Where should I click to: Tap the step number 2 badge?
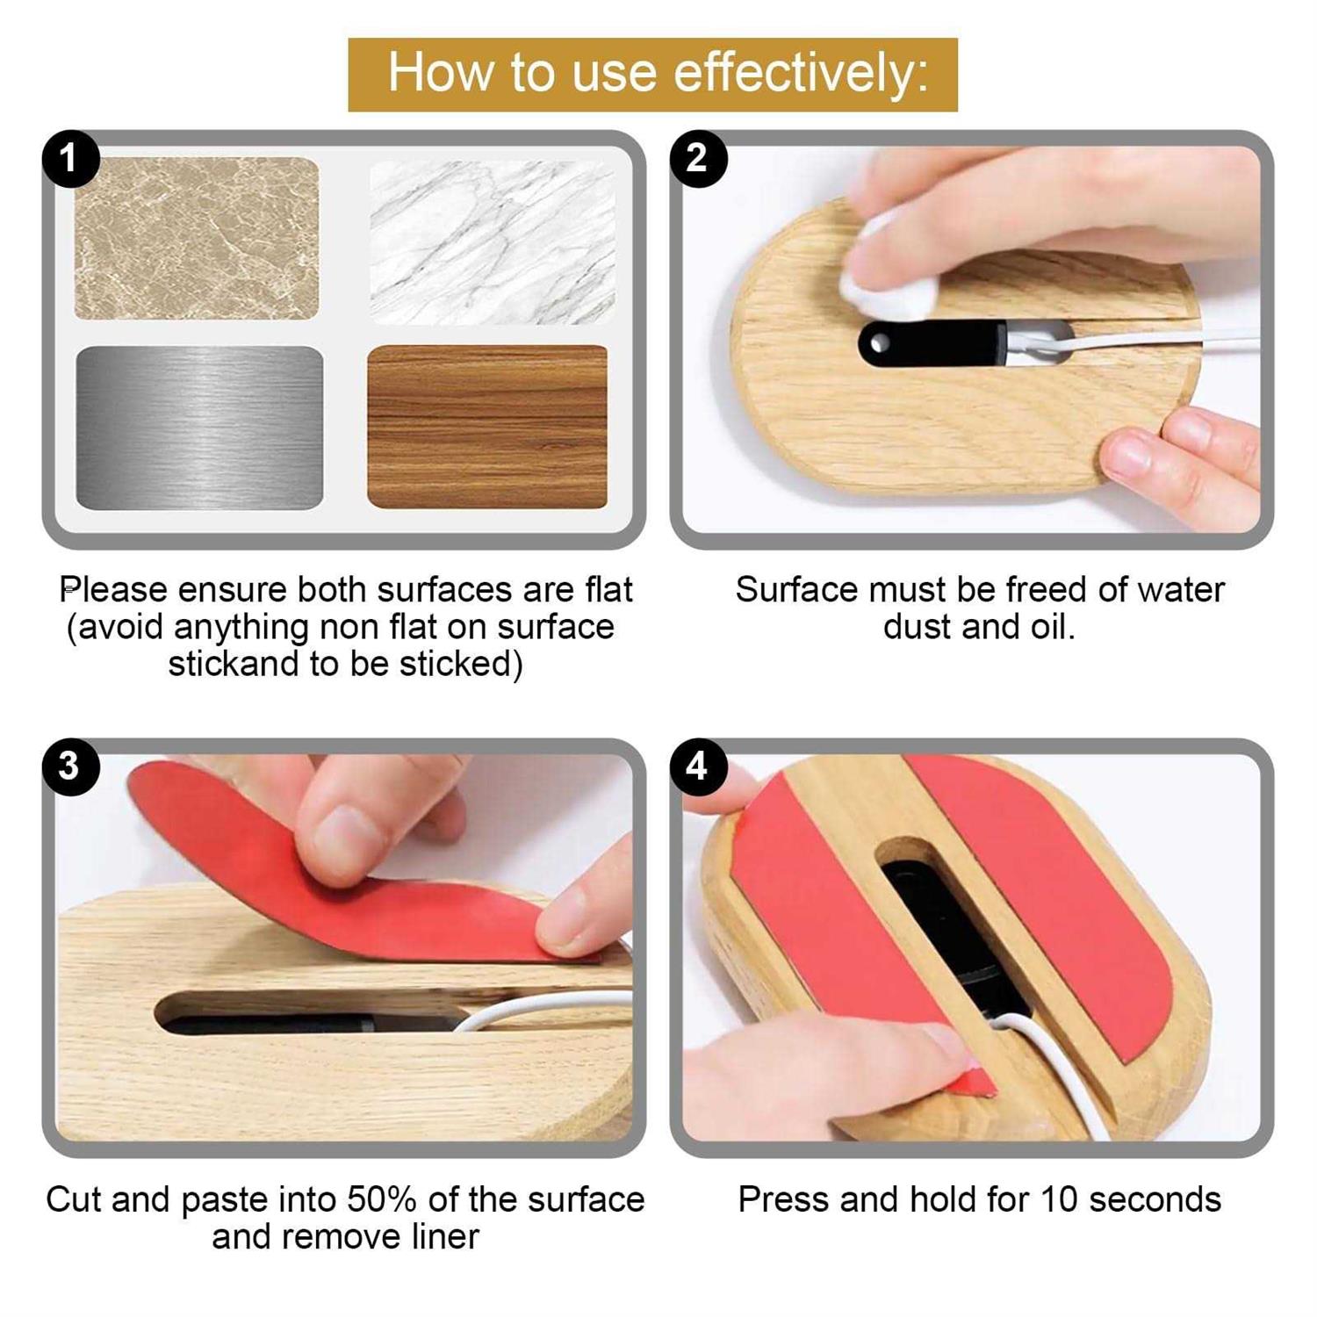tap(698, 158)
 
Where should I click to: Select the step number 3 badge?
tap(70, 766)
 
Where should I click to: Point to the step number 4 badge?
tap(698, 766)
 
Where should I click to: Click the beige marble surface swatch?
tap(197, 238)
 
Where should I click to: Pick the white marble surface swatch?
tap(493, 242)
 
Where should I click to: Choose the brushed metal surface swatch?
tap(200, 428)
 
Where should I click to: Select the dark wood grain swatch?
tap(487, 427)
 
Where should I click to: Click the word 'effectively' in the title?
tap(793, 72)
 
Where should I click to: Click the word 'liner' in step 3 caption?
tap(445, 1236)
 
